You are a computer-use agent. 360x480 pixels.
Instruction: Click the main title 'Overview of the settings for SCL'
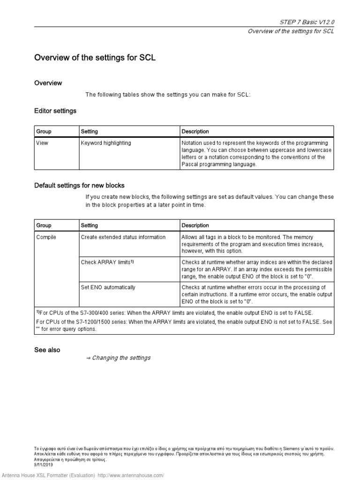(x=95, y=58)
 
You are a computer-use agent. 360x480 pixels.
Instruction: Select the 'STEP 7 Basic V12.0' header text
(x=307, y=22)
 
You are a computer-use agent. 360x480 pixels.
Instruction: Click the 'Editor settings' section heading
(x=55, y=111)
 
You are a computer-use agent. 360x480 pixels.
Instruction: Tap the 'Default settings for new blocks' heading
(x=79, y=185)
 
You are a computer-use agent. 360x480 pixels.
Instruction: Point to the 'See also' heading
(x=47, y=350)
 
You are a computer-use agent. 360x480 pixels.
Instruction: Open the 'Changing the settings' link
(x=121, y=358)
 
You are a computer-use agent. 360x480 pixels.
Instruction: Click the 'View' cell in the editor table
(x=42, y=143)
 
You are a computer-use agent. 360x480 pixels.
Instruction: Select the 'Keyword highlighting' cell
(x=106, y=143)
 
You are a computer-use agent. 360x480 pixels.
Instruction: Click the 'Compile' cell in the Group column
(x=46, y=237)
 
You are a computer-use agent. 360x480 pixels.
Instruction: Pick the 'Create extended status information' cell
(x=123, y=237)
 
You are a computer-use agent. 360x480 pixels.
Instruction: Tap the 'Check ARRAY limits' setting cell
(x=107, y=262)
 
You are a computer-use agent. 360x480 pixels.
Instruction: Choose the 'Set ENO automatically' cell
(x=108, y=287)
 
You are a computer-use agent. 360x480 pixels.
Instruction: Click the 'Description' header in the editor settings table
(x=195, y=132)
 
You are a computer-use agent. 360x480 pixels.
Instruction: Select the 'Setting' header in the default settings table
(x=90, y=225)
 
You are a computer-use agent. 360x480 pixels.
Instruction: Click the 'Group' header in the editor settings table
(x=44, y=132)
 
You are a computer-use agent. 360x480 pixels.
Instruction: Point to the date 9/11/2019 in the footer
(x=44, y=465)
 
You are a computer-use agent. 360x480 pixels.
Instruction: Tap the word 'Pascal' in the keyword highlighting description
(x=190, y=165)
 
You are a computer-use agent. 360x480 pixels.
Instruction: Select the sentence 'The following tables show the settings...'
(x=168, y=95)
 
